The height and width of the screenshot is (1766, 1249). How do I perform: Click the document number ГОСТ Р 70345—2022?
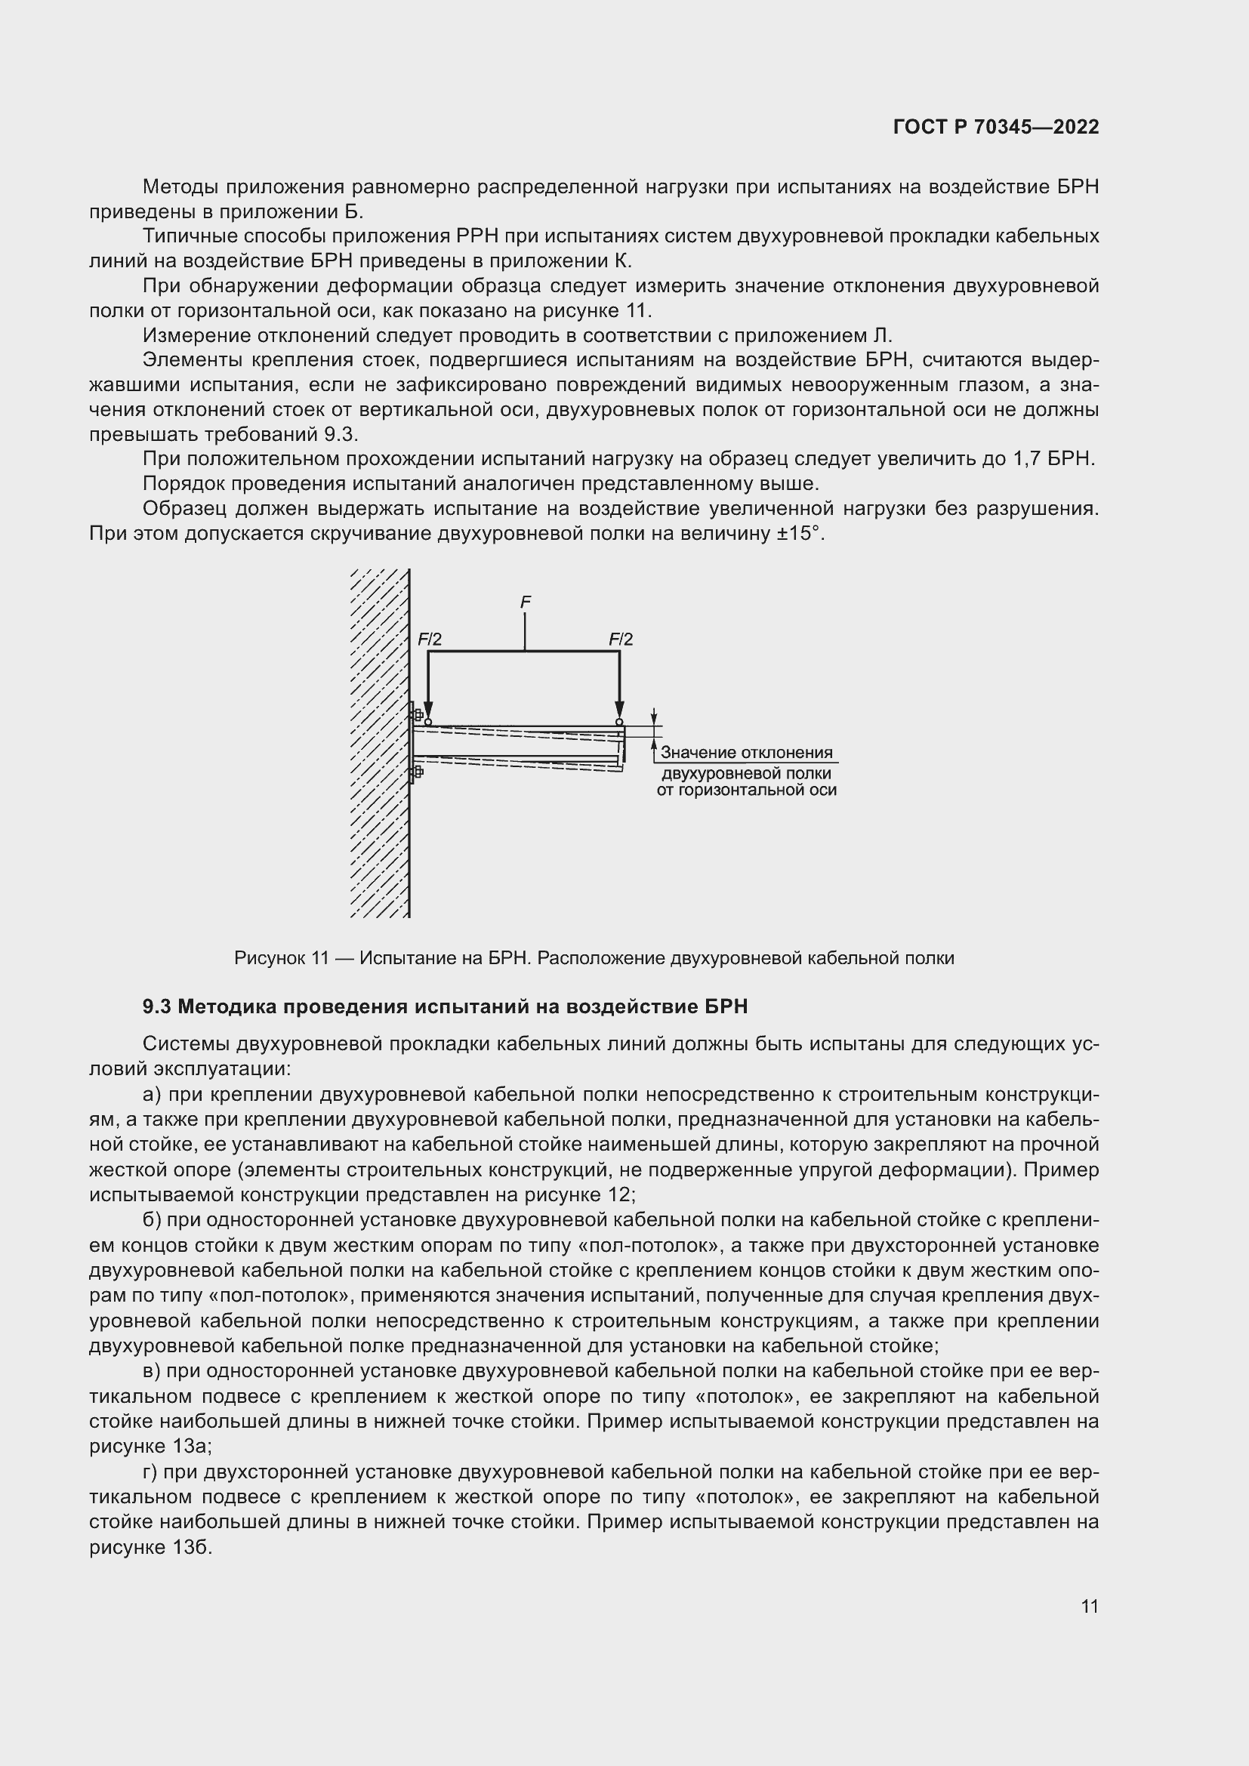(x=996, y=127)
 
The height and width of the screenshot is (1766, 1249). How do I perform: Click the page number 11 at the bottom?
(x=1089, y=1606)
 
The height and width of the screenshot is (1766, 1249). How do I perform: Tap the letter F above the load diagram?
(x=526, y=603)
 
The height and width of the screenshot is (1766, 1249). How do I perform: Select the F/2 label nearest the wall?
(x=430, y=640)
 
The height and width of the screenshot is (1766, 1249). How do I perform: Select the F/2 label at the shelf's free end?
(x=621, y=640)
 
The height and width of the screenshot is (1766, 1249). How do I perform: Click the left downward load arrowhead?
(x=428, y=710)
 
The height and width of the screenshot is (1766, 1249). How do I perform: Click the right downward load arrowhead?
(x=619, y=710)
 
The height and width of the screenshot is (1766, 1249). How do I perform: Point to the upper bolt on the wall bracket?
(x=418, y=714)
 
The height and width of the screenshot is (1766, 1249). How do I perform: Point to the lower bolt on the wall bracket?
(x=418, y=772)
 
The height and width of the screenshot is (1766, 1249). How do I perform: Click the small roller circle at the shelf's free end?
(x=619, y=723)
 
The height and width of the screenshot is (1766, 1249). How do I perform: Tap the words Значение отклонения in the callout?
(x=746, y=753)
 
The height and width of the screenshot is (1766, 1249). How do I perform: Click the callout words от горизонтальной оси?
(x=746, y=790)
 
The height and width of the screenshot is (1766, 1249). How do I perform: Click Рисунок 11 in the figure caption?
(x=282, y=958)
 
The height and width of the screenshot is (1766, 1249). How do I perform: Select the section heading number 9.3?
(x=156, y=1007)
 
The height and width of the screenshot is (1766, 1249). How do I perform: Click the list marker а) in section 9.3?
(x=153, y=1095)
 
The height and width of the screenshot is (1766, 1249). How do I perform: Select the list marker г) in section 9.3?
(x=151, y=1472)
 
